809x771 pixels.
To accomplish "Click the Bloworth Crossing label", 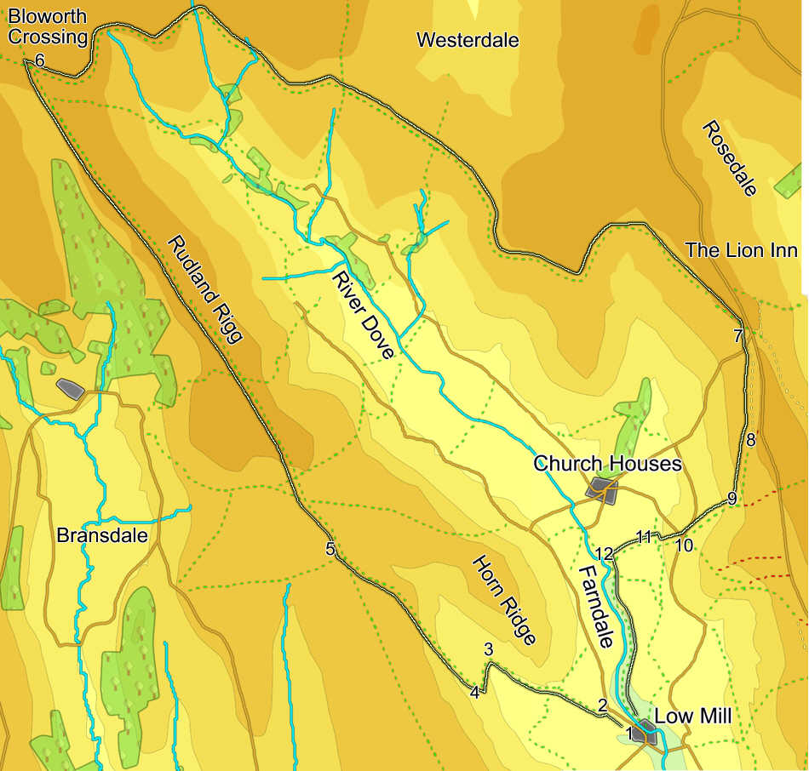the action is (x=48, y=26).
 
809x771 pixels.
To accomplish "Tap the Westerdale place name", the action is (x=468, y=40).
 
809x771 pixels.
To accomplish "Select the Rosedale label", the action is (x=729, y=158).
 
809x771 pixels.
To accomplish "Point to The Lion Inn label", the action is (x=742, y=250).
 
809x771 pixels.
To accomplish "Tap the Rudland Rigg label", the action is (x=205, y=288).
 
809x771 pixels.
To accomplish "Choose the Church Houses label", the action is (x=607, y=464).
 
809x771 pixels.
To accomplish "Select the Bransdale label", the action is (x=102, y=536).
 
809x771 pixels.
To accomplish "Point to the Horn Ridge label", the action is (x=504, y=600).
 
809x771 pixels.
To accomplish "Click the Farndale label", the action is (x=595, y=606).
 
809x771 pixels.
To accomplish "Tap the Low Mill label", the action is (x=692, y=716).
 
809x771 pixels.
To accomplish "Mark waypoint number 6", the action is (x=39, y=60).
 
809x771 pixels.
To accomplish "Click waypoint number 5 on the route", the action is (x=330, y=549).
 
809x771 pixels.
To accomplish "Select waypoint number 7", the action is (x=738, y=336).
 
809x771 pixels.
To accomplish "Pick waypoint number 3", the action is (x=488, y=649).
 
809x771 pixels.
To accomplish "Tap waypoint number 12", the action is (x=604, y=554).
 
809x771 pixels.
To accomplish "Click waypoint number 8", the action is (x=750, y=440).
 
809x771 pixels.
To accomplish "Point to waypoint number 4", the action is (x=475, y=693).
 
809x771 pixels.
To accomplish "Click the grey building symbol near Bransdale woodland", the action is (x=70, y=388).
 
